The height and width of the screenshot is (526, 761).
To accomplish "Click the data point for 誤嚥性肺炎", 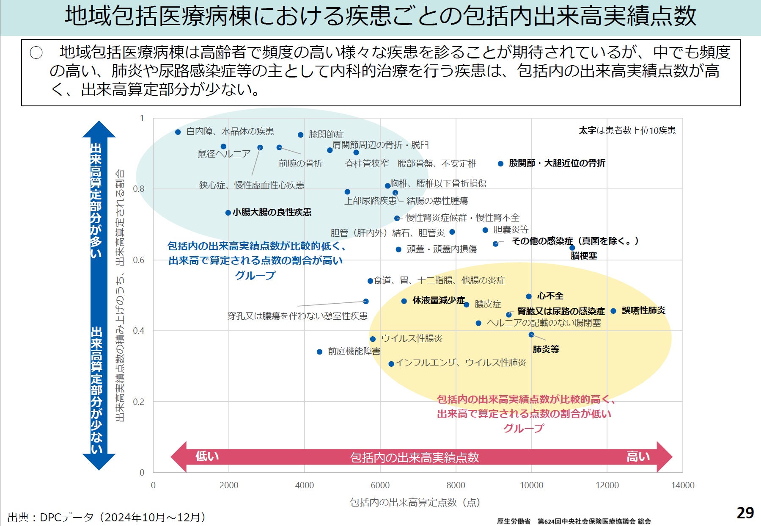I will point(613,311).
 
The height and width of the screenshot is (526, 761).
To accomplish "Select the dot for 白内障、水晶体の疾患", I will point(178,132).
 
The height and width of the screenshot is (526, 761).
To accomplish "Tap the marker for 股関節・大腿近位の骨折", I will point(500,163).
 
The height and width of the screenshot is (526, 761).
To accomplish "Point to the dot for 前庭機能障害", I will point(320,352).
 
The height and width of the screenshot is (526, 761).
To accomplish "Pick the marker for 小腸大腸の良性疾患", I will point(228,213).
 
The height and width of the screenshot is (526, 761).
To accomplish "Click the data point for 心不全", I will point(529,296).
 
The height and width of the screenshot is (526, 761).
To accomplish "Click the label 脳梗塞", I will point(584,256).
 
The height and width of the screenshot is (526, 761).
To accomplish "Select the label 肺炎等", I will point(546,349).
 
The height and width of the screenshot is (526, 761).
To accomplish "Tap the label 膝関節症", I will point(326,135).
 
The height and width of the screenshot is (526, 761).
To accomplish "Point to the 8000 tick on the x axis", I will point(456,485).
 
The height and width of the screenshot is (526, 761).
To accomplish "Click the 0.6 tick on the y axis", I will point(139,260).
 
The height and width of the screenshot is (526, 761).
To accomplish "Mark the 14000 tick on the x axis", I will point(682,485).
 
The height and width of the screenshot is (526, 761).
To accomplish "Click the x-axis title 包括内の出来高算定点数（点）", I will point(415,502).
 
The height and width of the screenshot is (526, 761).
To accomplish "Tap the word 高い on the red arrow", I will point(638,457).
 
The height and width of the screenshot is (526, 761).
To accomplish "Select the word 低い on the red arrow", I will point(207,456).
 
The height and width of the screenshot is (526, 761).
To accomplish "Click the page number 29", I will point(745,513).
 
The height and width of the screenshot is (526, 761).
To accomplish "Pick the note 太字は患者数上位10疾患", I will point(627,130).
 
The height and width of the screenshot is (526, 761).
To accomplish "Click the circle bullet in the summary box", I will point(36,53).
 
